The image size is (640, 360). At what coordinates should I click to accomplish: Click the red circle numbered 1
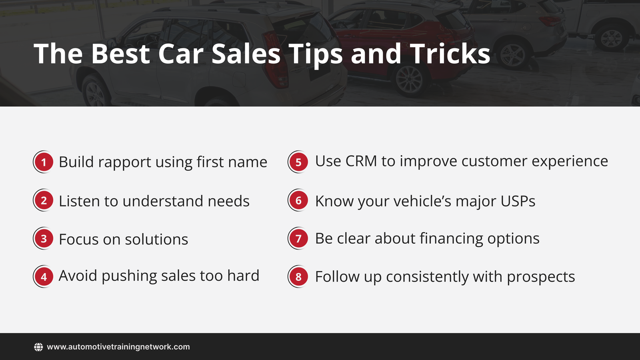tap(44, 162)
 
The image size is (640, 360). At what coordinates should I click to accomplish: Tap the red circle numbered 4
tap(44, 276)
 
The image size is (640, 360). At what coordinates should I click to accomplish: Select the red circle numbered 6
tap(298, 200)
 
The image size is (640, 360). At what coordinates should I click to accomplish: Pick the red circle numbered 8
tap(298, 276)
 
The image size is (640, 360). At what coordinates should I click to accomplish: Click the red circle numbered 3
tap(44, 239)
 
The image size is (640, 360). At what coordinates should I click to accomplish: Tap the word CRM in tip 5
tap(361, 161)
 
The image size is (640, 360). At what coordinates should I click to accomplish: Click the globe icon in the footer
tap(38, 347)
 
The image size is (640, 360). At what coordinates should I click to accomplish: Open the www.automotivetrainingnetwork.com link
tap(118, 347)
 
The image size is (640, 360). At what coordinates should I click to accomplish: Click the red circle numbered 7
tap(298, 239)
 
